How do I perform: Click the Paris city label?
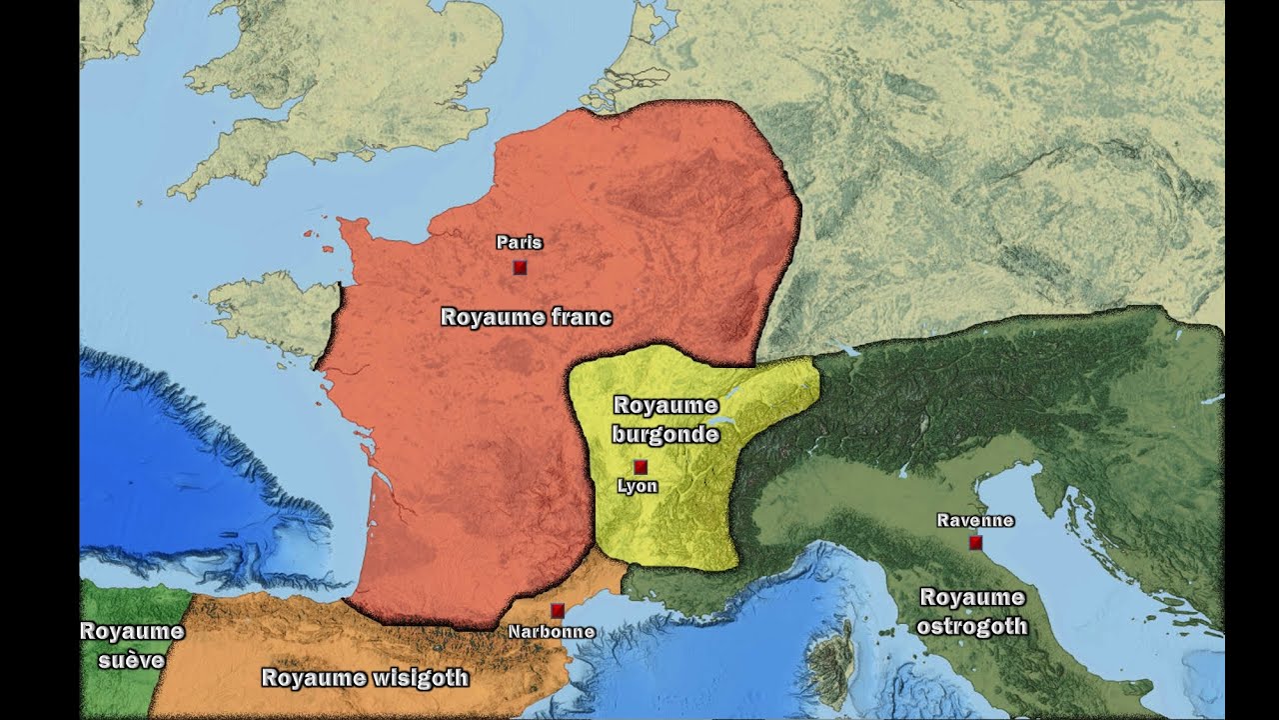(x=519, y=242)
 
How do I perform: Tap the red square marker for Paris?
(x=520, y=267)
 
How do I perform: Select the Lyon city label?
(x=638, y=486)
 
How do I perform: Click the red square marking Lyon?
(x=640, y=467)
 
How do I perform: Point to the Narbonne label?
(x=552, y=632)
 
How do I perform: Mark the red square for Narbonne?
(x=558, y=610)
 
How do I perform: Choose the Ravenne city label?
(x=975, y=520)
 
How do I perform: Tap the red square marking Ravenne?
(x=975, y=542)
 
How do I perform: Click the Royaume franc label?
(x=526, y=318)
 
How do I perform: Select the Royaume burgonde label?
(x=665, y=420)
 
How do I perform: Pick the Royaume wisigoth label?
(x=365, y=678)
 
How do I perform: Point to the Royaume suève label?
(x=132, y=645)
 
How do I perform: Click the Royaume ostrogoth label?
(x=972, y=612)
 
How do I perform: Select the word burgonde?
(x=665, y=435)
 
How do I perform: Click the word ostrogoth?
(x=972, y=627)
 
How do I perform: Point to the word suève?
(x=132, y=660)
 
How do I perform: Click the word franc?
(x=582, y=318)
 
